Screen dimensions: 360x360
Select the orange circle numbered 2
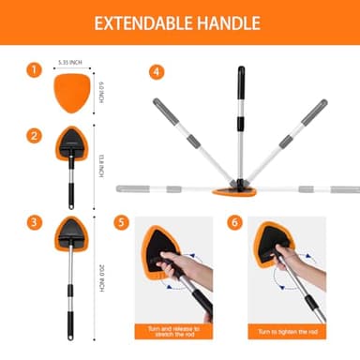34,136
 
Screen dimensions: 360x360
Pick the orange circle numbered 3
34,221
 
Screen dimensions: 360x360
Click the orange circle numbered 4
157,70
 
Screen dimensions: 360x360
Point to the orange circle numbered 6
234,223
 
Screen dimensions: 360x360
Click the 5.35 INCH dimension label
70,62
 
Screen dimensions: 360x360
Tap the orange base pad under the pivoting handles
236,194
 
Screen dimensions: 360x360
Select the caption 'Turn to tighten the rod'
287,331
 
